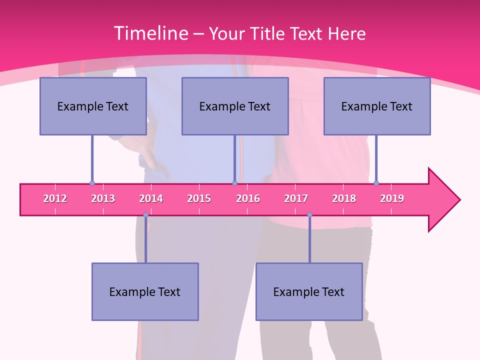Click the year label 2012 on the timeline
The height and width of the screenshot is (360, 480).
55,199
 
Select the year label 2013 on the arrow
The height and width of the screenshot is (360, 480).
103,199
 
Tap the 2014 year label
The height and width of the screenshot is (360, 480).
151,199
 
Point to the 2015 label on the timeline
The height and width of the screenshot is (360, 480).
199,199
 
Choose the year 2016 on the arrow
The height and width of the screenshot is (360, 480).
248,199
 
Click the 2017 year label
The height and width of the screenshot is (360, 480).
296,199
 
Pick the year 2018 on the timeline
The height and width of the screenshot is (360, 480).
344,199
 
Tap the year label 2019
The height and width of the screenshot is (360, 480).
392,199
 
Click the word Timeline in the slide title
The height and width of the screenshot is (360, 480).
150,33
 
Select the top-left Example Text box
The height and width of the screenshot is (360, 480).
93,106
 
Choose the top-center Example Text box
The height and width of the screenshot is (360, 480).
235,106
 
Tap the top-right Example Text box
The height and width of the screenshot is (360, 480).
377,106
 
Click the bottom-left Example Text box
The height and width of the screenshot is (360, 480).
145,291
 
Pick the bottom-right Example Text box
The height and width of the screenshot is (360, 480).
309,291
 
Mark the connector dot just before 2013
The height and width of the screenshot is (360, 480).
92,183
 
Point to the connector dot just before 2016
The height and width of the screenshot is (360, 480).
234,183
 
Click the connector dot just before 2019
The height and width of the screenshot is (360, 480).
376,183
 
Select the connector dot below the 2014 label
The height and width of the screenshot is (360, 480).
145,215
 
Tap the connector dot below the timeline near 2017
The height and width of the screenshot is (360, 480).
309,215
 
